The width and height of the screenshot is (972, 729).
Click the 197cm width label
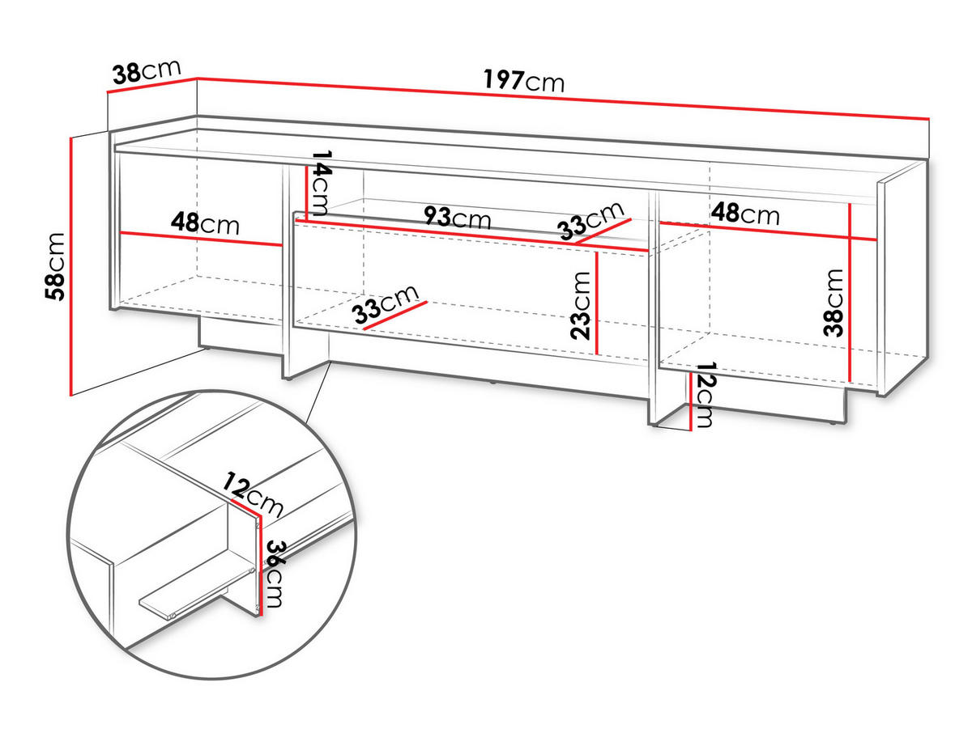[523, 80]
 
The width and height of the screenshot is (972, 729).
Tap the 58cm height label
[55, 266]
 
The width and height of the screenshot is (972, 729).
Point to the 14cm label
[322, 180]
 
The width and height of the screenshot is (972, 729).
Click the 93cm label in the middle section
[458, 218]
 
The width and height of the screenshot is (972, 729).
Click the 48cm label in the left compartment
[205, 223]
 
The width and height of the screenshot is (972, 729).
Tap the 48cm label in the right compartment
[745, 214]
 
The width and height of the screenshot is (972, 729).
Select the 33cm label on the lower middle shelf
[386, 306]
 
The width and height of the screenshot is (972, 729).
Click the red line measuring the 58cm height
[73, 266]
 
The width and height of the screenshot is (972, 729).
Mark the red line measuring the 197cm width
[567, 97]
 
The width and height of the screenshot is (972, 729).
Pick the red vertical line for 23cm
[596, 303]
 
